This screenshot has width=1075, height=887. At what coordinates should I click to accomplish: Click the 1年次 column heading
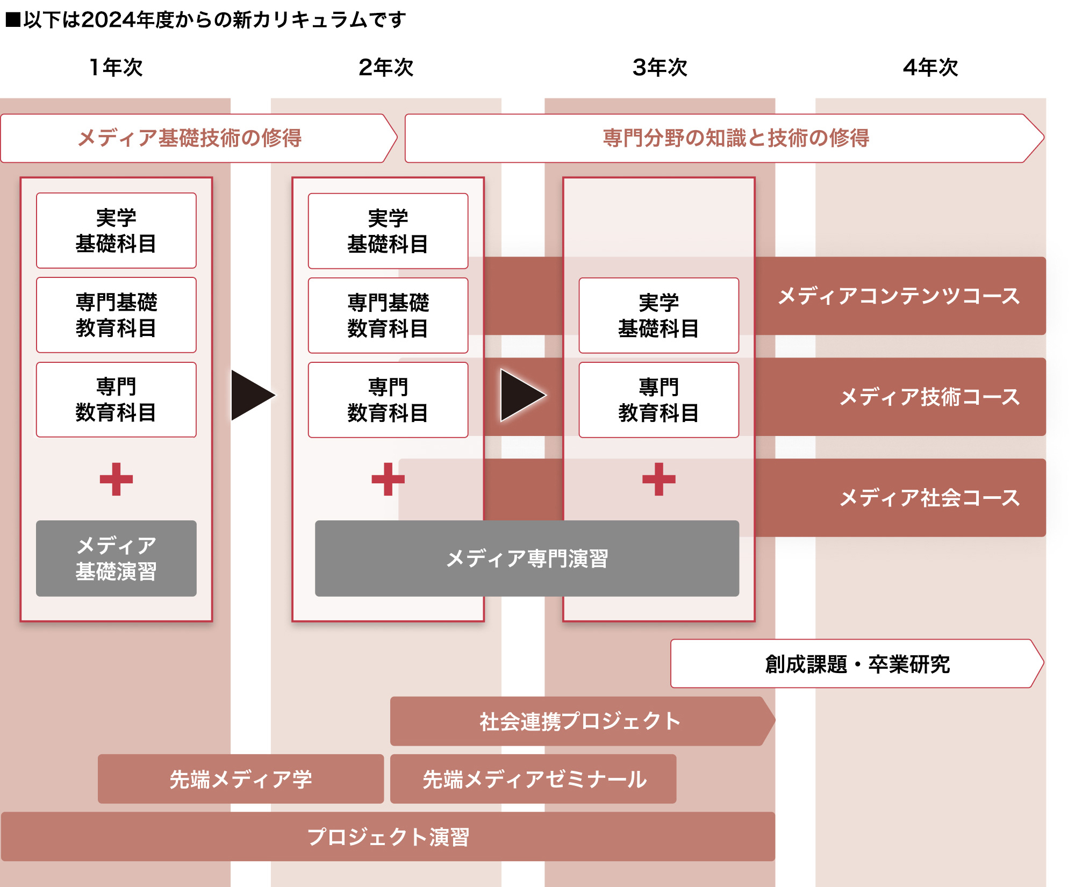point(116,67)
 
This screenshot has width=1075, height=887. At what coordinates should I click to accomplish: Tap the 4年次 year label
point(930,67)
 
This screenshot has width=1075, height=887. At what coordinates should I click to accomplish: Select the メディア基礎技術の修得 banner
point(199,138)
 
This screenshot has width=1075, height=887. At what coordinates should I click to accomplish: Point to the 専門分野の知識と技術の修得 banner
point(725,138)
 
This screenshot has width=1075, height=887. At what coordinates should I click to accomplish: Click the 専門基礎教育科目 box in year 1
point(116,315)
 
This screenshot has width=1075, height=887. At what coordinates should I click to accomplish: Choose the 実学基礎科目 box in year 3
point(659,315)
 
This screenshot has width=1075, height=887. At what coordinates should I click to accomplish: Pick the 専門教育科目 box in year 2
point(388,400)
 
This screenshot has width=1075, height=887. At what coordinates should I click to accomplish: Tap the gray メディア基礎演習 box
point(116,558)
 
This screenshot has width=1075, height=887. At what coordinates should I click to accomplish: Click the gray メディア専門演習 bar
point(527,558)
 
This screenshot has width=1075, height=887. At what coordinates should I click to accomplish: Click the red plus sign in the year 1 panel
point(116,479)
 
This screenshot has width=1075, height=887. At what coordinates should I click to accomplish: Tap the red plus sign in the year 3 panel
point(659,479)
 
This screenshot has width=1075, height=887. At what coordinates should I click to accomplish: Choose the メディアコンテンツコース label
point(899,296)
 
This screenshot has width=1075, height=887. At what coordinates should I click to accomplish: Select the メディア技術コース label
point(930,397)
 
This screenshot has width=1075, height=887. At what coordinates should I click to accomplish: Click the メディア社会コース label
point(930,498)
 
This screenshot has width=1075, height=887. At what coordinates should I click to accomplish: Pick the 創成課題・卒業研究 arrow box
point(857,663)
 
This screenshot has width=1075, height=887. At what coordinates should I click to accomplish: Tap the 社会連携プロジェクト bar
point(582,721)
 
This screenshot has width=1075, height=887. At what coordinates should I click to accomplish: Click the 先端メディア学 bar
point(241,779)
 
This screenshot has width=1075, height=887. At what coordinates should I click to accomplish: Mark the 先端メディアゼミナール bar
point(533,779)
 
